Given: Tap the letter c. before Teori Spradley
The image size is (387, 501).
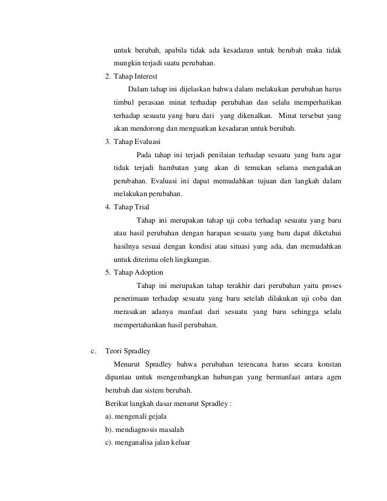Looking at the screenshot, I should tap(94, 351).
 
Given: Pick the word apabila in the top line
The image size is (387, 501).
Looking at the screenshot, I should tap(179, 51).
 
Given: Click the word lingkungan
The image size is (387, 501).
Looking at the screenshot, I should tap(194, 260).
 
